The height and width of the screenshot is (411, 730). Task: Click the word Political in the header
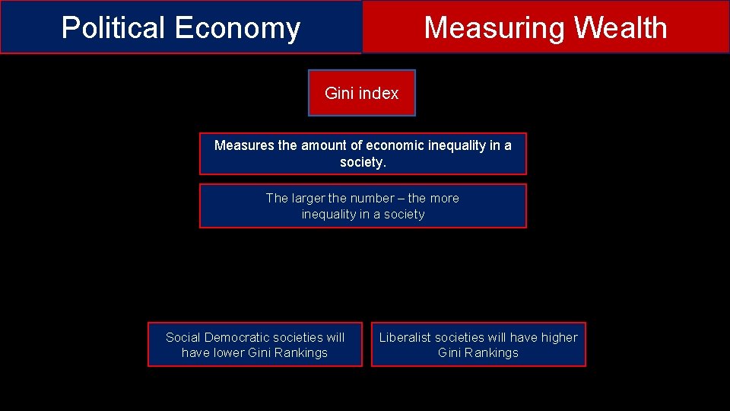coord(113,28)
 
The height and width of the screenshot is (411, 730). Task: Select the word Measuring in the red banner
coord(495,28)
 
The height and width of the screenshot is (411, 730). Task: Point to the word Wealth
coord(620,28)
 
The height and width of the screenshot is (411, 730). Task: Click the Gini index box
coord(362,93)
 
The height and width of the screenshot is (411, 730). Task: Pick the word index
coord(379,93)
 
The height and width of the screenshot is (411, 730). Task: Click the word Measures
coord(244,145)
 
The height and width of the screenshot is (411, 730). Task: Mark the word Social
coord(183,337)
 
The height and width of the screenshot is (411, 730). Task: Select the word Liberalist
coord(405,337)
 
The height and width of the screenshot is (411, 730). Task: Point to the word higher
coord(559,337)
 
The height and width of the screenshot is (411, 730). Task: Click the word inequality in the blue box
coord(329,214)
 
